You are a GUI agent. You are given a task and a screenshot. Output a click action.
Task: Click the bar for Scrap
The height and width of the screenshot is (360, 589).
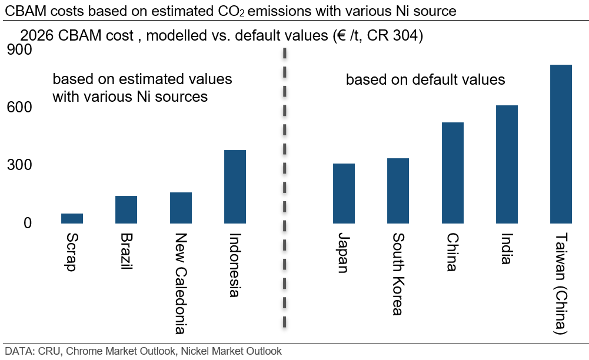tap(72, 218)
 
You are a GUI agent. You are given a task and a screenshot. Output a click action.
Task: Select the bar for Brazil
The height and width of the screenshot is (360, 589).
tap(127, 209)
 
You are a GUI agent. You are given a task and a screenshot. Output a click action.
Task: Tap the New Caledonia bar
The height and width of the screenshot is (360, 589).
tap(181, 208)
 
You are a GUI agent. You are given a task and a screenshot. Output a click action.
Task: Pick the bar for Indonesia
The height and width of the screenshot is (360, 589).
tap(235, 186)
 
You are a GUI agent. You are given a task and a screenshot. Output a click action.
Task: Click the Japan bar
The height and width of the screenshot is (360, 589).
tap(344, 194)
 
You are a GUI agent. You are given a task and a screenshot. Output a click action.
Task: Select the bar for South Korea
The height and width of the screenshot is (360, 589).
tap(398, 191)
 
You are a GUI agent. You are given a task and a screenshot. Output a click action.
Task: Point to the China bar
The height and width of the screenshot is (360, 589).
tap(452, 173)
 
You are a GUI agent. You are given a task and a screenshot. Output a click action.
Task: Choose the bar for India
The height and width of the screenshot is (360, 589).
tap(507, 164)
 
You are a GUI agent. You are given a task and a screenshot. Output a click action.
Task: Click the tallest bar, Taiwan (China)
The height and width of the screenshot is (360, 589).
tap(561, 144)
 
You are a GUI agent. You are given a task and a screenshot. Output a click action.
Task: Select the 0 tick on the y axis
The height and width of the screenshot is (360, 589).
tap(27, 223)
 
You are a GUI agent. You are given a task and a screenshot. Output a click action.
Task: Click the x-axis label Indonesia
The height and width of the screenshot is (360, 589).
tap(235, 265)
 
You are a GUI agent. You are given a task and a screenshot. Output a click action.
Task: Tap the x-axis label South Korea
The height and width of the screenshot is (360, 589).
tap(398, 274)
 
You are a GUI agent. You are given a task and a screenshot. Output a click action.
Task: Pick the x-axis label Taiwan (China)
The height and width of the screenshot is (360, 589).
tap(561, 284)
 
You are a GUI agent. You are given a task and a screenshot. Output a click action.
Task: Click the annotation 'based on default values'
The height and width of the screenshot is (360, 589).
tap(425, 79)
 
